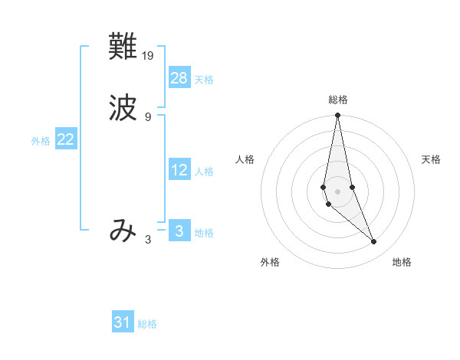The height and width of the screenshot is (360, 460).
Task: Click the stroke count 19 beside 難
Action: [x=149, y=55]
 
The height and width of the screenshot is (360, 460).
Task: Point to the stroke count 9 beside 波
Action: [x=148, y=116]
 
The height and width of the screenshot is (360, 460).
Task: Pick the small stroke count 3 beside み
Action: [x=148, y=239]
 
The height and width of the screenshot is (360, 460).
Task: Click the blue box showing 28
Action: [x=179, y=78]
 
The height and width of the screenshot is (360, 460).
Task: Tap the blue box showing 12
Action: [x=179, y=170]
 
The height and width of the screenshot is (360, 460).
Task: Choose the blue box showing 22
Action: [x=66, y=139]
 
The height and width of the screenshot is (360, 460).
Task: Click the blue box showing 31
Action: [x=123, y=322]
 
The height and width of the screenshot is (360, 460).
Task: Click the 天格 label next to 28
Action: [x=204, y=80]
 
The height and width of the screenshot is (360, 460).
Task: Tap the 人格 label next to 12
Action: [x=204, y=172]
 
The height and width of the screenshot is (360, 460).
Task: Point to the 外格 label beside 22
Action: [x=41, y=141]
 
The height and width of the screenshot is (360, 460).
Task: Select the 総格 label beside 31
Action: [x=147, y=324]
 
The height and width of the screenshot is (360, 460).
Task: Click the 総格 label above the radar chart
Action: [x=338, y=100]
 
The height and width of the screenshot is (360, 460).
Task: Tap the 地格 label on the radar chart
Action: [x=402, y=263]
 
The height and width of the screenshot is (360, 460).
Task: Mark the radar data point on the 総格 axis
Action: [x=337, y=116]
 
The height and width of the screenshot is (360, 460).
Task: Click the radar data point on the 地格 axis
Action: [x=374, y=241]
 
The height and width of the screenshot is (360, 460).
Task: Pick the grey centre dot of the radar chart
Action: [x=337, y=191]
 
